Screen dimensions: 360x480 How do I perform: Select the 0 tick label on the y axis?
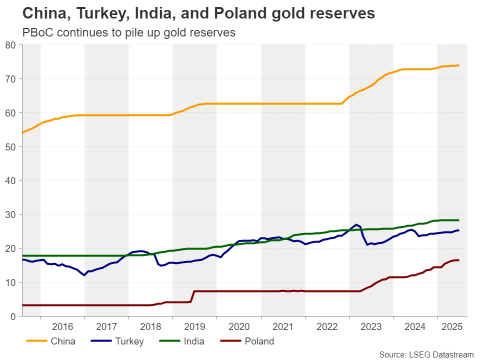14,316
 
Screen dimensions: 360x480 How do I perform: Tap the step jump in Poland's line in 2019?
192,296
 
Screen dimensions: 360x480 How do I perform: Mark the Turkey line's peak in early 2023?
355,224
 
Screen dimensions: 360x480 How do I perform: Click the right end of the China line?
459,65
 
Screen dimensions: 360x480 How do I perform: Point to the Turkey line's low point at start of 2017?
84,275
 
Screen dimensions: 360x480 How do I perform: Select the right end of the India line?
458,220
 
